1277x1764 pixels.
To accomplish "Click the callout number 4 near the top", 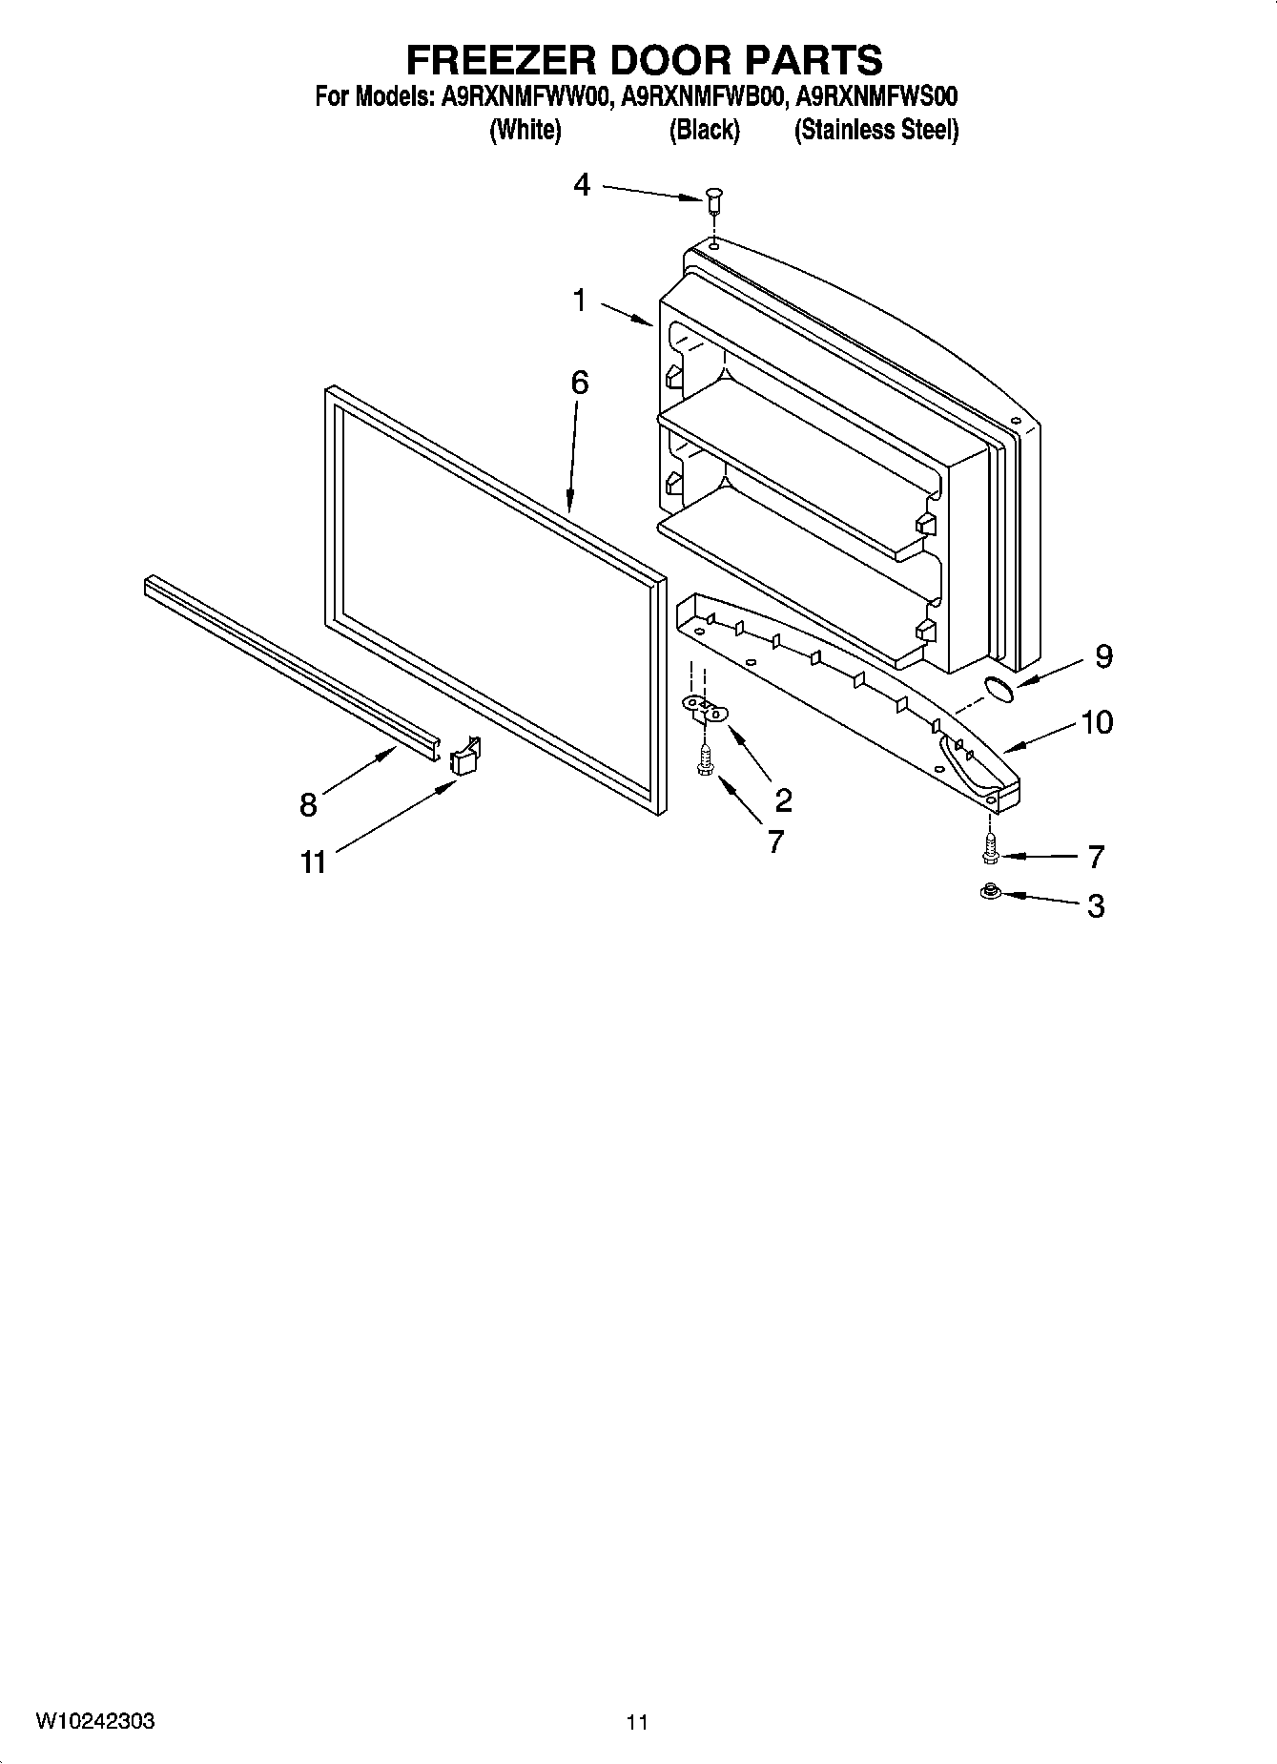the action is point(582,185).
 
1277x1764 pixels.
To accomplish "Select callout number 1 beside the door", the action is point(580,301).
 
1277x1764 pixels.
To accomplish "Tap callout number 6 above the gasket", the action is point(579,384).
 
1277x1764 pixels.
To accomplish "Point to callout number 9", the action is point(1103,656).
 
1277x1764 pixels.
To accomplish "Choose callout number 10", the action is point(1097,722).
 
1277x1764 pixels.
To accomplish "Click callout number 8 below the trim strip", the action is point(308,805).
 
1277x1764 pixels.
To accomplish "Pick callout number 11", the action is point(313,862).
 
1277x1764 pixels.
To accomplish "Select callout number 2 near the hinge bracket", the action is point(783,799).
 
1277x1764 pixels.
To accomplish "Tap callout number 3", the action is point(1096,905).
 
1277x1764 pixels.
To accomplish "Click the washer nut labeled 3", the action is point(990,892).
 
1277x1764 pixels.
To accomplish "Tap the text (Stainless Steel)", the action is point(875,130).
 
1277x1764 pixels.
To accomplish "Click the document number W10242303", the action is point(95,1721).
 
